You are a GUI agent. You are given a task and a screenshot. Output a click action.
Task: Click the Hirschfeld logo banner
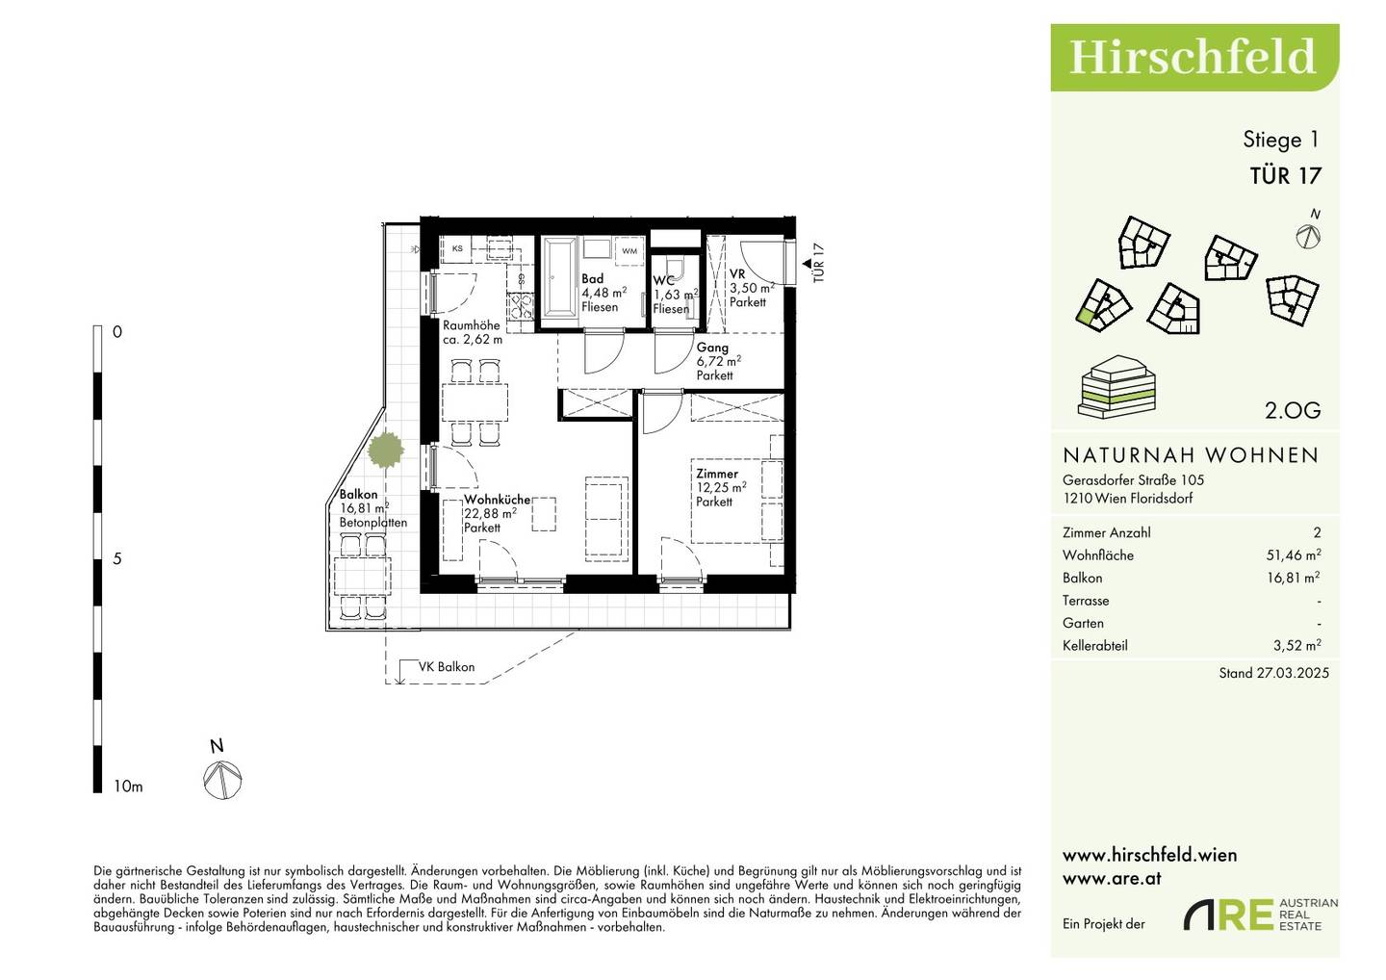1194,58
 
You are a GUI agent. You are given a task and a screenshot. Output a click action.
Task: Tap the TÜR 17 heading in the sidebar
1285,176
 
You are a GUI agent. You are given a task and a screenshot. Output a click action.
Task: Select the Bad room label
592,278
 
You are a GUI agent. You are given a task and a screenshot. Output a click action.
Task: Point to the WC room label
663,281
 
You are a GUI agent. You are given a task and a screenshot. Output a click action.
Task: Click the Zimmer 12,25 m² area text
721,487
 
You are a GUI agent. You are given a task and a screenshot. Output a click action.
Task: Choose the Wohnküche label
498,500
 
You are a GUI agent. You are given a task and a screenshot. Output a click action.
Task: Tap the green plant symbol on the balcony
386,450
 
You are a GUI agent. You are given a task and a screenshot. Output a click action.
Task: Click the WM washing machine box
629,250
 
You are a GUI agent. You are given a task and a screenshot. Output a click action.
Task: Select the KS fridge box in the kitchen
457,248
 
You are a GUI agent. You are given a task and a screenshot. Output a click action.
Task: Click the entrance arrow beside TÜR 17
807,264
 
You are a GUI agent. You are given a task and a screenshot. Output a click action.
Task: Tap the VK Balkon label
447,667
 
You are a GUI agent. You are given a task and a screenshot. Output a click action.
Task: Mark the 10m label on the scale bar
128,787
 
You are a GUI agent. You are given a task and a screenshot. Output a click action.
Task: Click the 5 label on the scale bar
117,558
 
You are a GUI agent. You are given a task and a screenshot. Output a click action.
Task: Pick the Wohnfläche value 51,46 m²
1294,554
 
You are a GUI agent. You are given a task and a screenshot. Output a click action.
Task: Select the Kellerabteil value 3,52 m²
1297,645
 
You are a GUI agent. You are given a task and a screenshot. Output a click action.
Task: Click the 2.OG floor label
1293,410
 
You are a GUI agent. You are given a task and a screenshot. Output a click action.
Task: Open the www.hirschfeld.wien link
1149,855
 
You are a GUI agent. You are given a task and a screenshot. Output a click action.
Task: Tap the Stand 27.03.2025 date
1274,673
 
